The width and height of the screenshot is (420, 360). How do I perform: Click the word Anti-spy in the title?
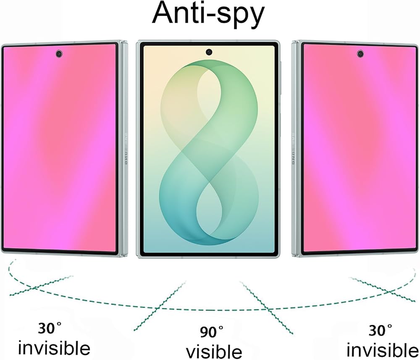[x=208, y=14]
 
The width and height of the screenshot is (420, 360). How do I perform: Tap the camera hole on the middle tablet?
[x=209, y=52]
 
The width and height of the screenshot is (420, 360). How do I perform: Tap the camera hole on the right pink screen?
[x=360, y=54]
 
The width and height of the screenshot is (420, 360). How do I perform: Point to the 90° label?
[x=212, y=332]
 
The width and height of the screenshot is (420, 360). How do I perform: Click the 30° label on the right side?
[x=381, y=330]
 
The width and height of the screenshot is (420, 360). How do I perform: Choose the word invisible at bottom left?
[x=54, y=347]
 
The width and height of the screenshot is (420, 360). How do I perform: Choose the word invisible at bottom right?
[x=383, y=349]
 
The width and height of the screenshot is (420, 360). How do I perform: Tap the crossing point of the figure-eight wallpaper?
[x=209, y=182]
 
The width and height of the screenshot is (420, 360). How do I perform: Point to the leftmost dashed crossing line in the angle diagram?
[x=41, y=285]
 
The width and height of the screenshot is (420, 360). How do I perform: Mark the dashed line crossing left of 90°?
[x=160, y=306]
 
